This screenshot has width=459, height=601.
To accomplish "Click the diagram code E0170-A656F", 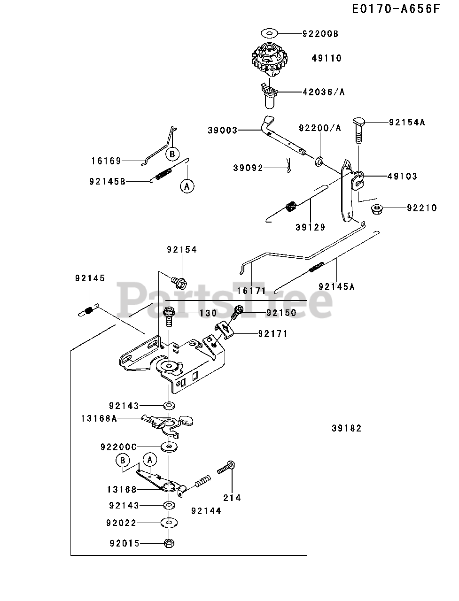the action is coord(396,9).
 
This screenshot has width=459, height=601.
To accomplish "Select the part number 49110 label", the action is coord(327,58).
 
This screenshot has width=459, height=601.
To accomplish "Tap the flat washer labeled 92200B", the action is coord(270,33).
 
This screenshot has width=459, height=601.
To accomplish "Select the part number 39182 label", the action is coord(346,428).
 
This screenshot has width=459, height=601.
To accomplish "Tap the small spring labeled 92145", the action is coord(88,311).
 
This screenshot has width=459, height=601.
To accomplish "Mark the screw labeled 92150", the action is coord(237,312).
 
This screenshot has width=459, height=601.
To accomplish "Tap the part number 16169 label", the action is coord(106,161).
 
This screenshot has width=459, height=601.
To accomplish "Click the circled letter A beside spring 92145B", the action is coord(187,186).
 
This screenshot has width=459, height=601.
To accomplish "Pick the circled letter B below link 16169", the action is coord(172,154).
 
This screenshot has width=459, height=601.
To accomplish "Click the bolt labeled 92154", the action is coord(179,283).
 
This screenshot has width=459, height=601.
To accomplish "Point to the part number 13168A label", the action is coord(99,418).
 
